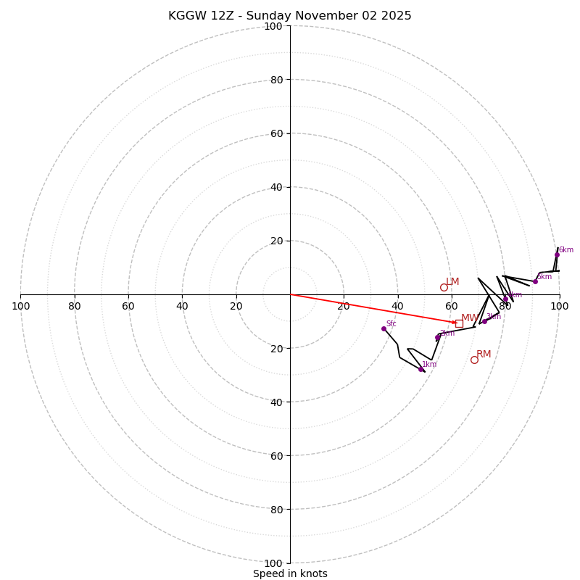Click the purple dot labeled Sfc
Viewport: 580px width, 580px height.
(384, 328)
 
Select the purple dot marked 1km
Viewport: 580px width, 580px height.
(420, 369)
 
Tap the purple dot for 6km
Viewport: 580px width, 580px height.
(557, 254)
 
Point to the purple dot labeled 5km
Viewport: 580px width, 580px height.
(535, 281)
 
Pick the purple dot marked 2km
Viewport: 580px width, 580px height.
(438, 337)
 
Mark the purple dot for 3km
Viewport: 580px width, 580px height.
(484, 321)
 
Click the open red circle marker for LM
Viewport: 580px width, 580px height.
(444, 287)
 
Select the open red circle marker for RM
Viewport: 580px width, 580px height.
(474, 360)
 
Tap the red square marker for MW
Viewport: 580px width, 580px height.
(459, 323)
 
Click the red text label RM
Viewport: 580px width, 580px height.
(484, 354)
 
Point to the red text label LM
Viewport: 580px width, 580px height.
(452, 281)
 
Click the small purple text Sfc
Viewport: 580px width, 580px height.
(391, 324)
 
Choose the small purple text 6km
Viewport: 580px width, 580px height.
(565, 250)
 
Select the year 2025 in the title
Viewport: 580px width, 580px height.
(397, 16)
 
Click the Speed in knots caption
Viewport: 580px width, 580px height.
(290, 573)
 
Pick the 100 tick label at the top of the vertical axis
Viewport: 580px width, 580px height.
(273, 26)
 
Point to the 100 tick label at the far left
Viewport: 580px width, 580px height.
(20, 306)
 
